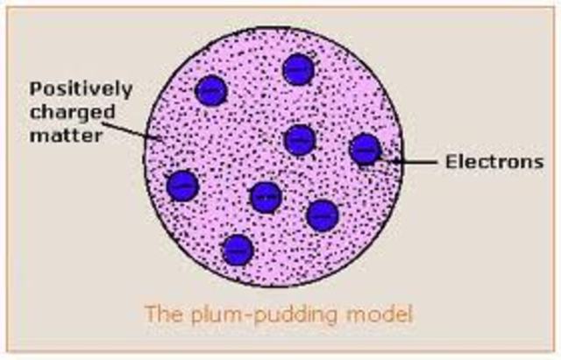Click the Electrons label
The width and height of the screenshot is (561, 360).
pyautogui.click(x=479, y=161)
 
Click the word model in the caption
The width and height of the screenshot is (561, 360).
pyautogui.click(x=364, y=312)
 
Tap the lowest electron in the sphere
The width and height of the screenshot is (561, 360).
pyautogui.click(x=238, y=250)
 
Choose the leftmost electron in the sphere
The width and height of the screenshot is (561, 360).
pyautogui.click(x=182, y=185)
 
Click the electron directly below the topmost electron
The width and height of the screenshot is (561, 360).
pyautogui.click(x=300, y=139)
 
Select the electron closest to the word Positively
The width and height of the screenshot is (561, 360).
pyautogui.click(x=210, y=89)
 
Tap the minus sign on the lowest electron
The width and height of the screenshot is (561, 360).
pyautogui.click(x=238, y=250)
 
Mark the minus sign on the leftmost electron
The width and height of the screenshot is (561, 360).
pyautogui.click(x=182, y=185)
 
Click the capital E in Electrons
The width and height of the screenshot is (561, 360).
pyautogui.click(x=440, y=161)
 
